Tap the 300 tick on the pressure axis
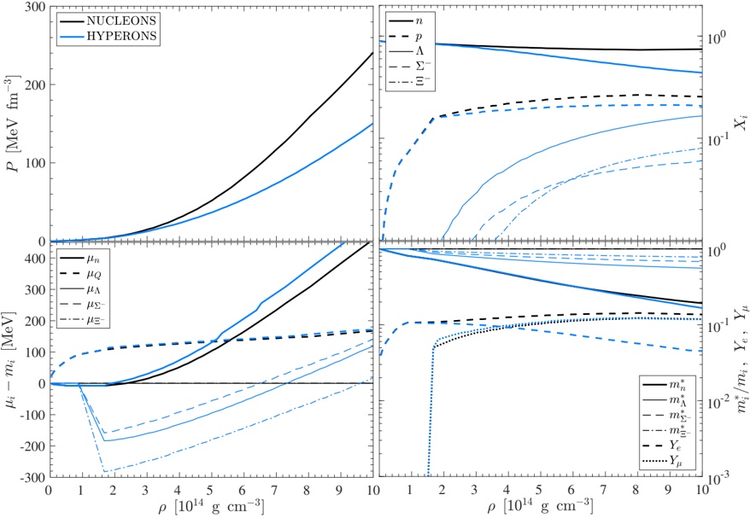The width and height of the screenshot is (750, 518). [x=34, y=7]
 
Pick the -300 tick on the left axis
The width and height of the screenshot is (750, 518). [x=31, y=477]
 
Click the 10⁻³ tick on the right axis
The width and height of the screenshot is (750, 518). [x=719, y=478]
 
